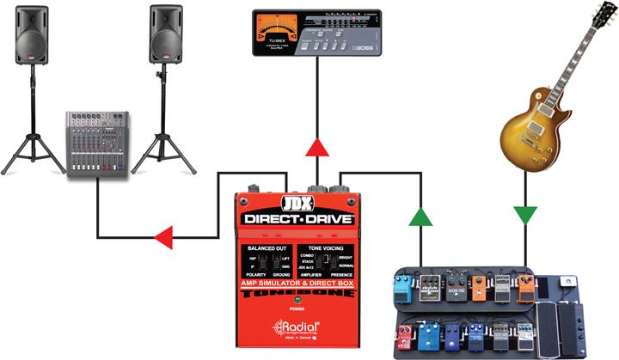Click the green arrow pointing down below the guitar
click(x=524, y=215)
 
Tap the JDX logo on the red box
click(x=297, y=204)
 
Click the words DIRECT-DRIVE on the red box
click(x=297, y=219)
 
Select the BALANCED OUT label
click(x=265, y=247)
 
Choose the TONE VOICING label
click(x=327, y=247)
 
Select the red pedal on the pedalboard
click(x=404, y=336)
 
